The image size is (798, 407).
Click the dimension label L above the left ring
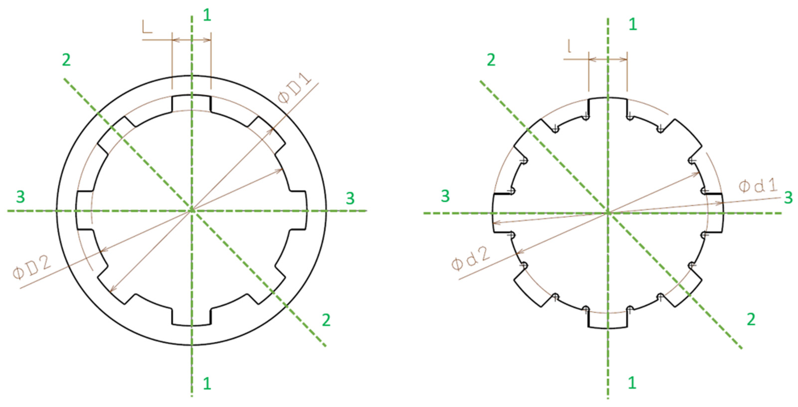tap(147, 27)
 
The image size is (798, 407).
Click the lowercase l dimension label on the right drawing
tap(569, 46)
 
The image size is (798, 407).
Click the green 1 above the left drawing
tap(207, 15)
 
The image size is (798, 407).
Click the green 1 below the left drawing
tap(207, 383)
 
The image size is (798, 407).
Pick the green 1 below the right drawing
tap(632, 383)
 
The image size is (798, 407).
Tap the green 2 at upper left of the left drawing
tap(66, 60)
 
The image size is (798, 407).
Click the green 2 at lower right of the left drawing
tap(326, 320)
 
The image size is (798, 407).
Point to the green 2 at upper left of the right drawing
tap(491, 60)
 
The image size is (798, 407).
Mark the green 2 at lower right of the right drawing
tap(751, 319)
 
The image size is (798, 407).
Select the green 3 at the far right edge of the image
tap(788, 198)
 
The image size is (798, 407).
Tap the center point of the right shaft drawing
tap(608, 213)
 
